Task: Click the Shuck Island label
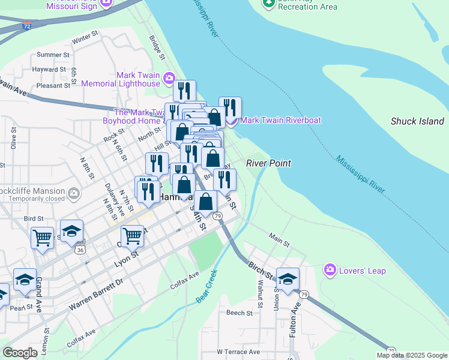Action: [x=417, y=121]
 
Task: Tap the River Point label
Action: [x=268, y=163]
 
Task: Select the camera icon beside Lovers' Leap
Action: [x=330, y=271]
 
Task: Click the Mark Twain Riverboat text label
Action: [x=280, y=120]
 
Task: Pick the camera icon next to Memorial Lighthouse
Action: [x=169, y=78]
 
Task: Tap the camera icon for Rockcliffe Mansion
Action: [x=74, y=194]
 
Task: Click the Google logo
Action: [x=20, y=352]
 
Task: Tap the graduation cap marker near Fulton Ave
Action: [x=288, y=278]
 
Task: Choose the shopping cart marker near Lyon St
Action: [x=131, y=236]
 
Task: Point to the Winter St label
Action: [x=85, y=40]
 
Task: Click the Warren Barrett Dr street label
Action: [x=95, y=294]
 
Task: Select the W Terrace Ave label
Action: [x=238, y=352]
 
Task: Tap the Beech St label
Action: [x=239, y=313]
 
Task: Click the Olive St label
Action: [x=13, y=138]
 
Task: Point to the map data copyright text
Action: [x=412, y=355]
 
